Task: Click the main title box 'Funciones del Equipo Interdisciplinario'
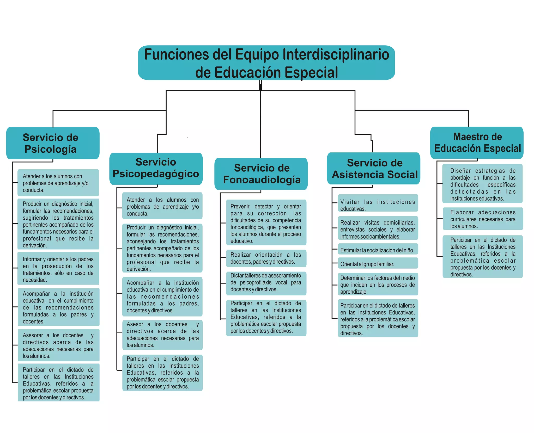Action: pyautogui.click(x=266, y=63)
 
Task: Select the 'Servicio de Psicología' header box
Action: pyautogui.click(x=53, y=143)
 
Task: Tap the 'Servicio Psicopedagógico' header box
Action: pyautogui.click(x=156, y=168)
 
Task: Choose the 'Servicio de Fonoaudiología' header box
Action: pyautogui.click(x=261, y=174)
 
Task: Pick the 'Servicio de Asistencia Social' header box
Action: pyautogui.click(x=373, y=168)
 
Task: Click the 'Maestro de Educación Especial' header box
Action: pyautogui.click(x=477, y=143)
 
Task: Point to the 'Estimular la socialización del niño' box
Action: pyautogui.click(x=378, y=250)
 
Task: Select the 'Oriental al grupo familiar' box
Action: pyautogui.click(x=378, y=264)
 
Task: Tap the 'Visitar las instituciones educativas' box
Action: pyautogui.click(x=378, y=205)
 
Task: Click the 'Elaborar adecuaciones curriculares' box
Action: pyautogui.click(x=483, y=219)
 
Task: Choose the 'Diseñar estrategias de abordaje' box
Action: pyautogui.click(x=483, y=184)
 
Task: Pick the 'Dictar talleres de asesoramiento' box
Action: pyautogui.click(x=266, y=282)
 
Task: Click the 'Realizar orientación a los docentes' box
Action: pyautogui.click(x=266, y=258)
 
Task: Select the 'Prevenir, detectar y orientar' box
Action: pyautogui.click(x=266, y=224)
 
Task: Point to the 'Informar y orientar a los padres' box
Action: pyautogui.click(x=58, y=269)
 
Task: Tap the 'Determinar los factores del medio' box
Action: pyautogui.click(x=378, y=285)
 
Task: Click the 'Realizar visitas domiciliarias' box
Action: pyautogui.click(x=378, y=229)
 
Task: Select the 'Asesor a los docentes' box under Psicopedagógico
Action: pyautogui.click(x=162, y=335)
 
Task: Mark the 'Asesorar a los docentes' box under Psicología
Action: pyautogui.click(x=58, y=345)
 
